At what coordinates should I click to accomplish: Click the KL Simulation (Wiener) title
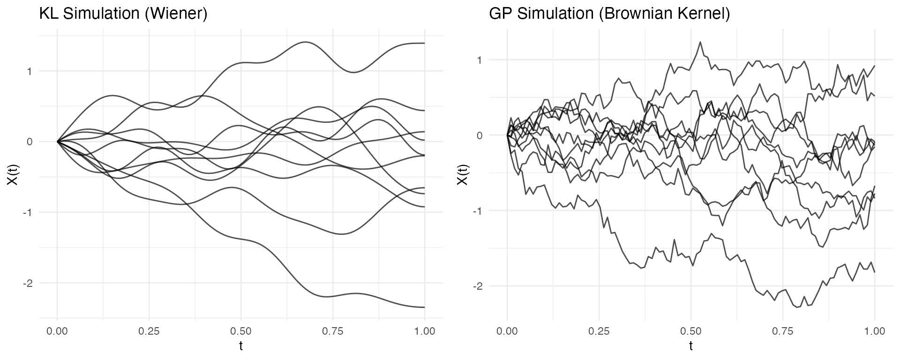pos(123,14)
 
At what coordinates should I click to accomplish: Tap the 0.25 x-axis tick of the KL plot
pos(149,331)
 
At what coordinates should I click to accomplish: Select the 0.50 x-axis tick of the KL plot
pos(241,331)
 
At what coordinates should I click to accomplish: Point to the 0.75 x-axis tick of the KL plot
pos(333,331)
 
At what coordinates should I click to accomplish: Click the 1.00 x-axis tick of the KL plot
pos(424,331)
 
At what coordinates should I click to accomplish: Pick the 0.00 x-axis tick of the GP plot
pos(507,331)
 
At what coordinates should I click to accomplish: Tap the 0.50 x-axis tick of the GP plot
pos(691,331)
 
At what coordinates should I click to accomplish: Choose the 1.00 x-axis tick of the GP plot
pos(875,331)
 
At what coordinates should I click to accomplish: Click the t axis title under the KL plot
pos(241,347)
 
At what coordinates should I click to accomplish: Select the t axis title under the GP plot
pos(691,347)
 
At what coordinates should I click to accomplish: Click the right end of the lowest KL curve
pos(424,307)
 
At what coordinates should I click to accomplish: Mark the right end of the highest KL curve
pos(424,43)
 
